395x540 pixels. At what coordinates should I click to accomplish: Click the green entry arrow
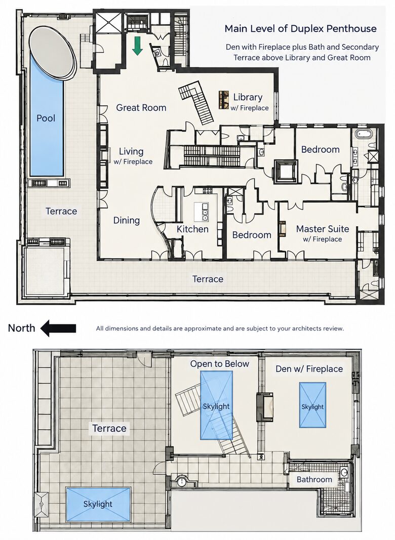(138, 46)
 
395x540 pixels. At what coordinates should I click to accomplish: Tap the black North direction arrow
(58, 328)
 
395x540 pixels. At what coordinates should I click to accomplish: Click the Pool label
(46, 118)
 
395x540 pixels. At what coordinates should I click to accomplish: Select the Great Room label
(141, 107)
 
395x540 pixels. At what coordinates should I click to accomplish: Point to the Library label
(248, 97)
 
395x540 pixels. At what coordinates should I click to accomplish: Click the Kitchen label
(192, 229)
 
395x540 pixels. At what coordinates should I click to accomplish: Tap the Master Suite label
(323, 229)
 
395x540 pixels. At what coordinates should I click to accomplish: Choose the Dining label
(127, 220)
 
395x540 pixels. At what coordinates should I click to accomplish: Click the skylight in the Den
(312, 405)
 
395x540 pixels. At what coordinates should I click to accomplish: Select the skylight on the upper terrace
(98, 504)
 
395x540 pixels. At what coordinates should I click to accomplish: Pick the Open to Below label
(220, 364)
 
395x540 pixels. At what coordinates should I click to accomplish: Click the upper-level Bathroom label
(314, 479)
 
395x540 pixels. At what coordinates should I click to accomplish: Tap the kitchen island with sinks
(202, 212)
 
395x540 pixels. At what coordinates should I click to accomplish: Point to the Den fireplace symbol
(265, 407)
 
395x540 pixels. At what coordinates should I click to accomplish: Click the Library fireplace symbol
(224, 100)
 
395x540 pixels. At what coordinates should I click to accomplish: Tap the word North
(21, 328)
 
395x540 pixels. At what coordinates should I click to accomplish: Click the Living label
(131, 151)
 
